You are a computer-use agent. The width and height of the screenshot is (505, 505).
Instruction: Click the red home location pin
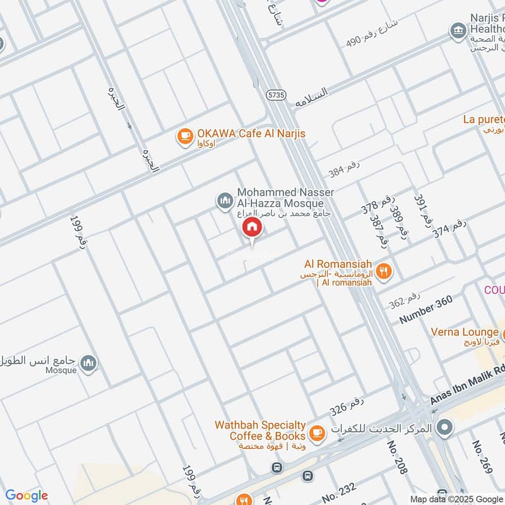(252, 227)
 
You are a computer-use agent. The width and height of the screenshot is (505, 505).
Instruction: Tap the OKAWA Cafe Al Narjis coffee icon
(185, 136)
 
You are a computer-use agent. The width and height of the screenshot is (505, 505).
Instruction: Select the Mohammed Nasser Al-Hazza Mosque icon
(225, 201)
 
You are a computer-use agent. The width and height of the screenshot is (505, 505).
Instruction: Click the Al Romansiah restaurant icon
(383, 272)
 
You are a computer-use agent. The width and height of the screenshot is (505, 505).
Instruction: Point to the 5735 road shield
(276, 95)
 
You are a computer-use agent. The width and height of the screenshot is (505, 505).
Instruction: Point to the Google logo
(27, 496)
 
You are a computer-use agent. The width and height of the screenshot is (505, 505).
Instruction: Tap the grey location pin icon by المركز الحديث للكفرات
(445, 428)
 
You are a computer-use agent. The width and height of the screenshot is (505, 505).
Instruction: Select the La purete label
(484, 119)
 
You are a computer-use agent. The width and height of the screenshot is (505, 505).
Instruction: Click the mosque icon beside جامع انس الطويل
(90, 362)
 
